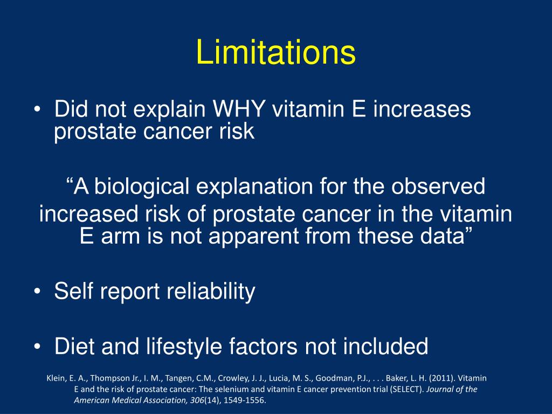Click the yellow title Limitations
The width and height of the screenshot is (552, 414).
tap(275, 53)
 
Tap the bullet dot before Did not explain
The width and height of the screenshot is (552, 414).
tap(36, 111)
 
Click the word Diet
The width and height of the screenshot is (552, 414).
tap(74, 346)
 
